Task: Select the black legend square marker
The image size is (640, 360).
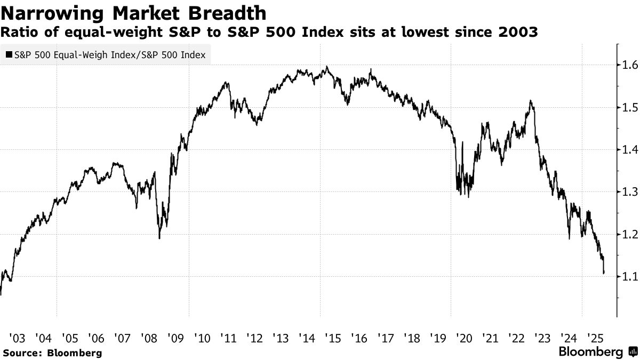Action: [9, 54]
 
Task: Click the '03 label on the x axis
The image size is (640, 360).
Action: [17, 338]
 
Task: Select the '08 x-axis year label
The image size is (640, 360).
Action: [149, 338]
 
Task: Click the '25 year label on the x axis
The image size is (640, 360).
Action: [595, 338]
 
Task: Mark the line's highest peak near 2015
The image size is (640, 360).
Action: [326, 67]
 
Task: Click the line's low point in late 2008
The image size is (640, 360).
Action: [159, 238]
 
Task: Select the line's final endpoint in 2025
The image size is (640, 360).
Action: [604, 274]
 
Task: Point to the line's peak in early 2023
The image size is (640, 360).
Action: [531, 100]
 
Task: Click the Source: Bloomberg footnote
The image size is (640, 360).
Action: [52, 353]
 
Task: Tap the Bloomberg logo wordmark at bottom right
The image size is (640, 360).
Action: [590, 352]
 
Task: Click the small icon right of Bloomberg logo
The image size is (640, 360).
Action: [632, 352]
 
